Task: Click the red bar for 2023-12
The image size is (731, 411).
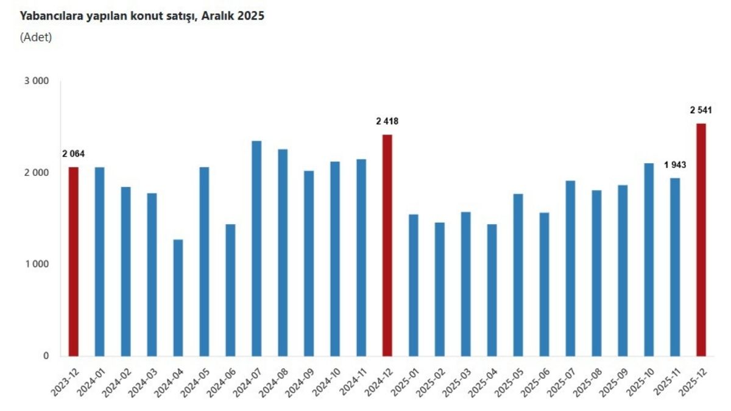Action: (74, 261)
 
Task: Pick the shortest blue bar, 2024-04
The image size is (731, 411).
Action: (178, 298)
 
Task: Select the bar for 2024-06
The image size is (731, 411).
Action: (230, 290)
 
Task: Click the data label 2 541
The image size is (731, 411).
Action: (701, 110)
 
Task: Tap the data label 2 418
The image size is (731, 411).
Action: (387, 122)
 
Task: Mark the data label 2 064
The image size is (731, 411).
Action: (74, 154)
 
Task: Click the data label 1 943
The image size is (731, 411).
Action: (675, 165)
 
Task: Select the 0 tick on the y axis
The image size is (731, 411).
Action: (46, 356)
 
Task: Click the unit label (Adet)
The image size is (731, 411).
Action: (36, 37)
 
